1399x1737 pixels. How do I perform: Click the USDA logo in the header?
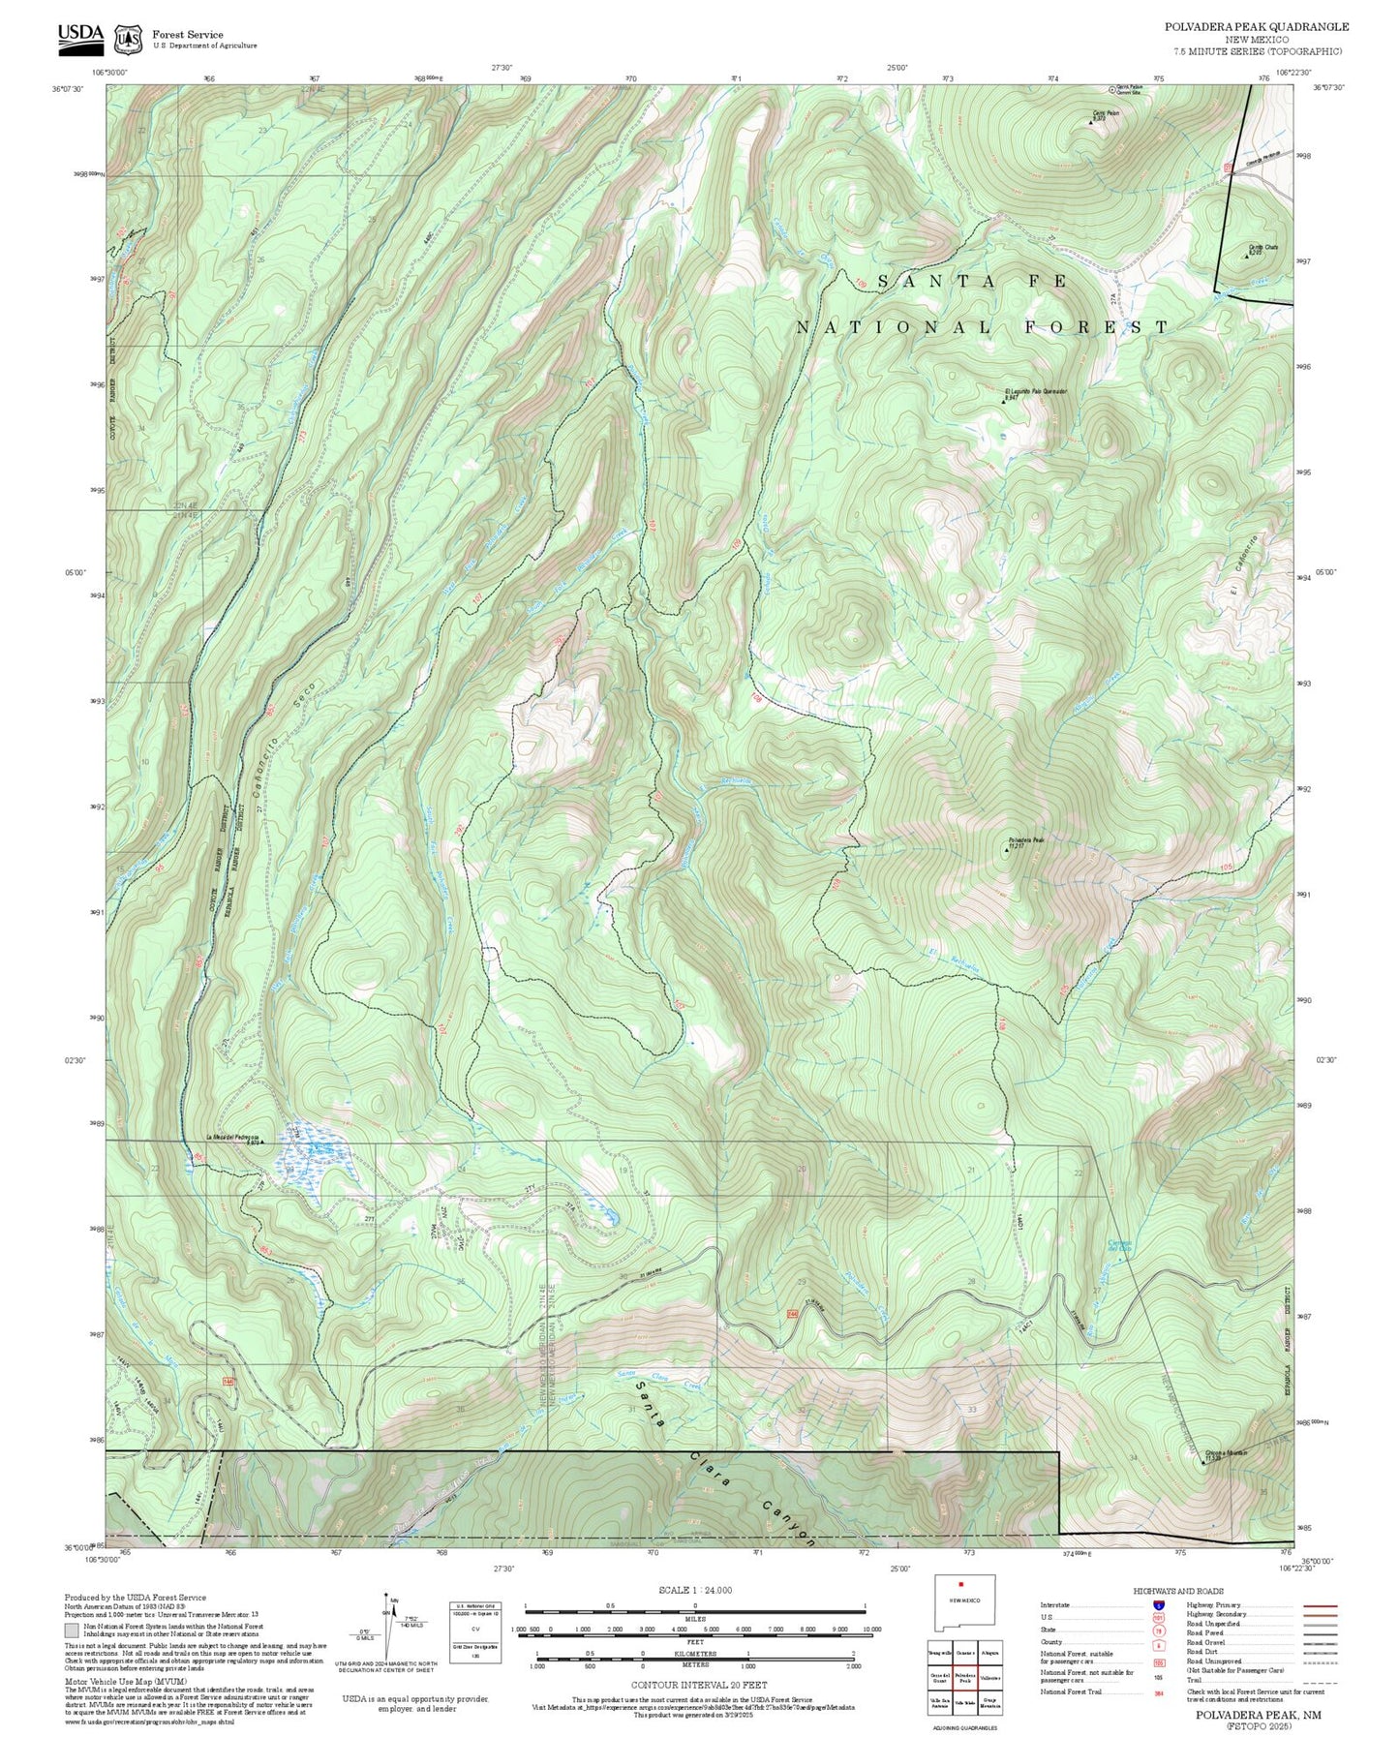(80, 35)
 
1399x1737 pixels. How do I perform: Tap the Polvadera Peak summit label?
(1025, 839)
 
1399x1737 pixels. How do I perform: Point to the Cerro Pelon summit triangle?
(1092, 122)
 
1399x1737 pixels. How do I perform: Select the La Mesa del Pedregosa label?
(230, 1137)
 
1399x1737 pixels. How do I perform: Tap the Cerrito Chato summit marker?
(1246, 256)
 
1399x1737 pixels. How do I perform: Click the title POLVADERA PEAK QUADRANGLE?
(1256, 27)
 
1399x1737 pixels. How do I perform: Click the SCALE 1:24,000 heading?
(694, 1590)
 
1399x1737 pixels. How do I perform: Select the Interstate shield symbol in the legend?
(1159, 1605)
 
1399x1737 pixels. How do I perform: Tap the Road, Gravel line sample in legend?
(1319, 1644)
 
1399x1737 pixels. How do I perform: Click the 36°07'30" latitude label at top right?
(1329, 87)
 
